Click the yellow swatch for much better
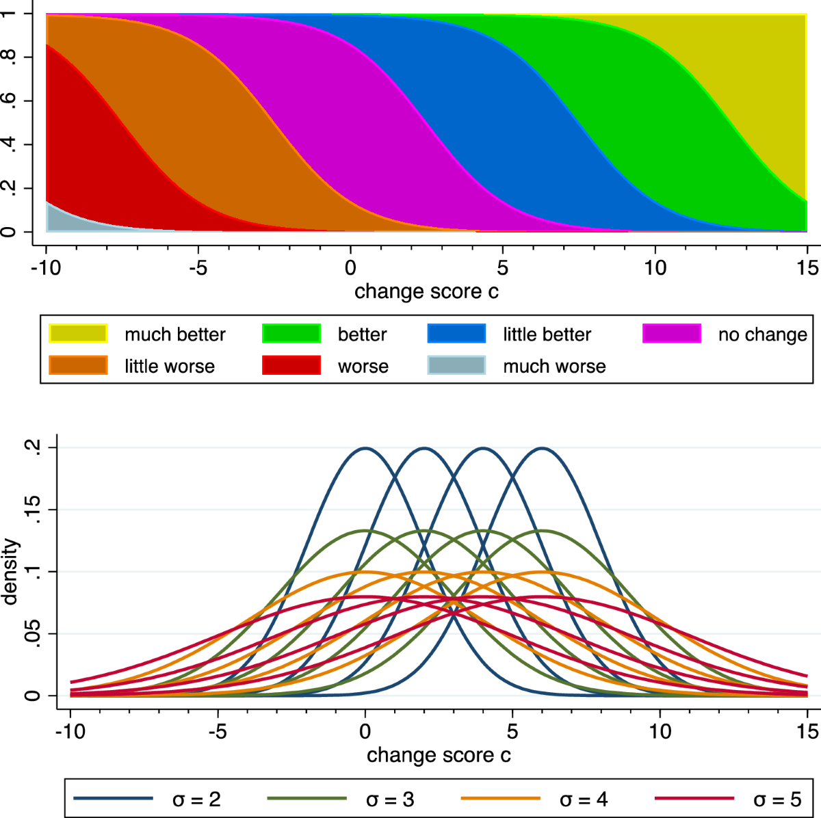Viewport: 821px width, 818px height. click(78, 334)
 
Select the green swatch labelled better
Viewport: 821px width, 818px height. click(291, 334)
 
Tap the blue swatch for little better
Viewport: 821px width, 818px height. click(456, 334)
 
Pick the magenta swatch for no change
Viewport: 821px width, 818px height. click(672, 334)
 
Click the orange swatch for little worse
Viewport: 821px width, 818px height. click(78, 366)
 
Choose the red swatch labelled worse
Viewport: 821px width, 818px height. click(291, 366)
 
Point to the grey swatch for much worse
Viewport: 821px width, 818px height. click(456, 366)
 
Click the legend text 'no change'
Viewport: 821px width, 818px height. click(762, 334)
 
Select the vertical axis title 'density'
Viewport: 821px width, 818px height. click(10, 572)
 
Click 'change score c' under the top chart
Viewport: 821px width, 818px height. click(426, 292)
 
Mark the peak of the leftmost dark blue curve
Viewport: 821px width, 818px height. click(365, 449)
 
